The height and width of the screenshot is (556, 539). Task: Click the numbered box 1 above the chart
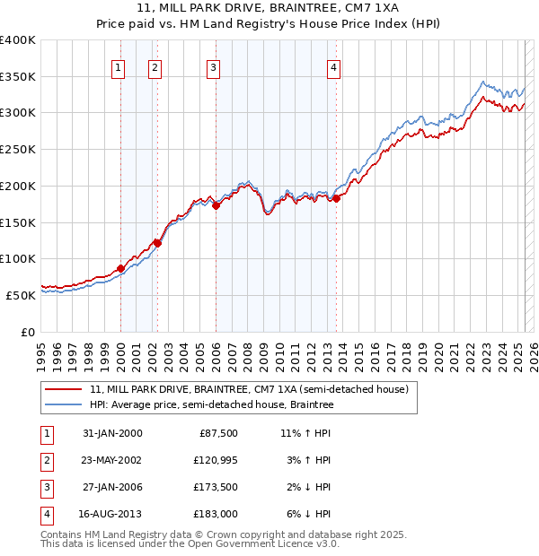coord(119,66)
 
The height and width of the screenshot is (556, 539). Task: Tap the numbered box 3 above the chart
coord(214,66)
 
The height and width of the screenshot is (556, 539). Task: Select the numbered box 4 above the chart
coord(333,66)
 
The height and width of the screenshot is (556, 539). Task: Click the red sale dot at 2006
coord(216,205)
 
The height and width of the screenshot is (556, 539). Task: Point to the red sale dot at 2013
coord(336,198)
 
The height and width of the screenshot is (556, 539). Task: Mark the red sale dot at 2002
coord(157,242)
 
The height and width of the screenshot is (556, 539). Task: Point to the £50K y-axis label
coord(21,295)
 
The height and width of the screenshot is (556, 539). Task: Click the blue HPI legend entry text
coord(211,405)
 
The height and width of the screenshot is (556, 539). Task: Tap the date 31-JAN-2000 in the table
coord(112,433)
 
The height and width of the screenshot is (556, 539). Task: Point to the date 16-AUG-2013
coord(112,514)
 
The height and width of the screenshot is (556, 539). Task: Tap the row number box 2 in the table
coord(45,460)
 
